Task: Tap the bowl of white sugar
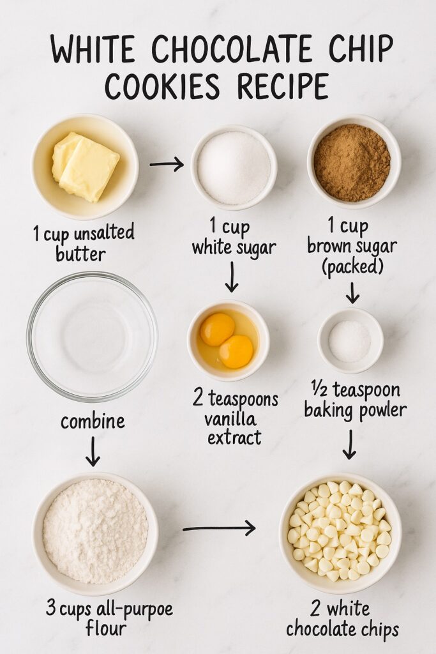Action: [234, 167]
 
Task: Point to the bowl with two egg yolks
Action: [228, 340]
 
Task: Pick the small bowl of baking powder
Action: [350, 340]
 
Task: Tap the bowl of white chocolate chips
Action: [340, 533]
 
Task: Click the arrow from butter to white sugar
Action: [167, 165]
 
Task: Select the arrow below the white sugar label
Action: [232, 277]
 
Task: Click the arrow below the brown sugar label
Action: [352, 293]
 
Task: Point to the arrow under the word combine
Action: [93, 451]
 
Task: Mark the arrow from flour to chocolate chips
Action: [219, 528]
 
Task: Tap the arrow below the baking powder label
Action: [349, 444]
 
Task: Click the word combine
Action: [93, 422]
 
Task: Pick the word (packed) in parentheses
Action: [352, 265]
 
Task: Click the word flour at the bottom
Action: [105, 629]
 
